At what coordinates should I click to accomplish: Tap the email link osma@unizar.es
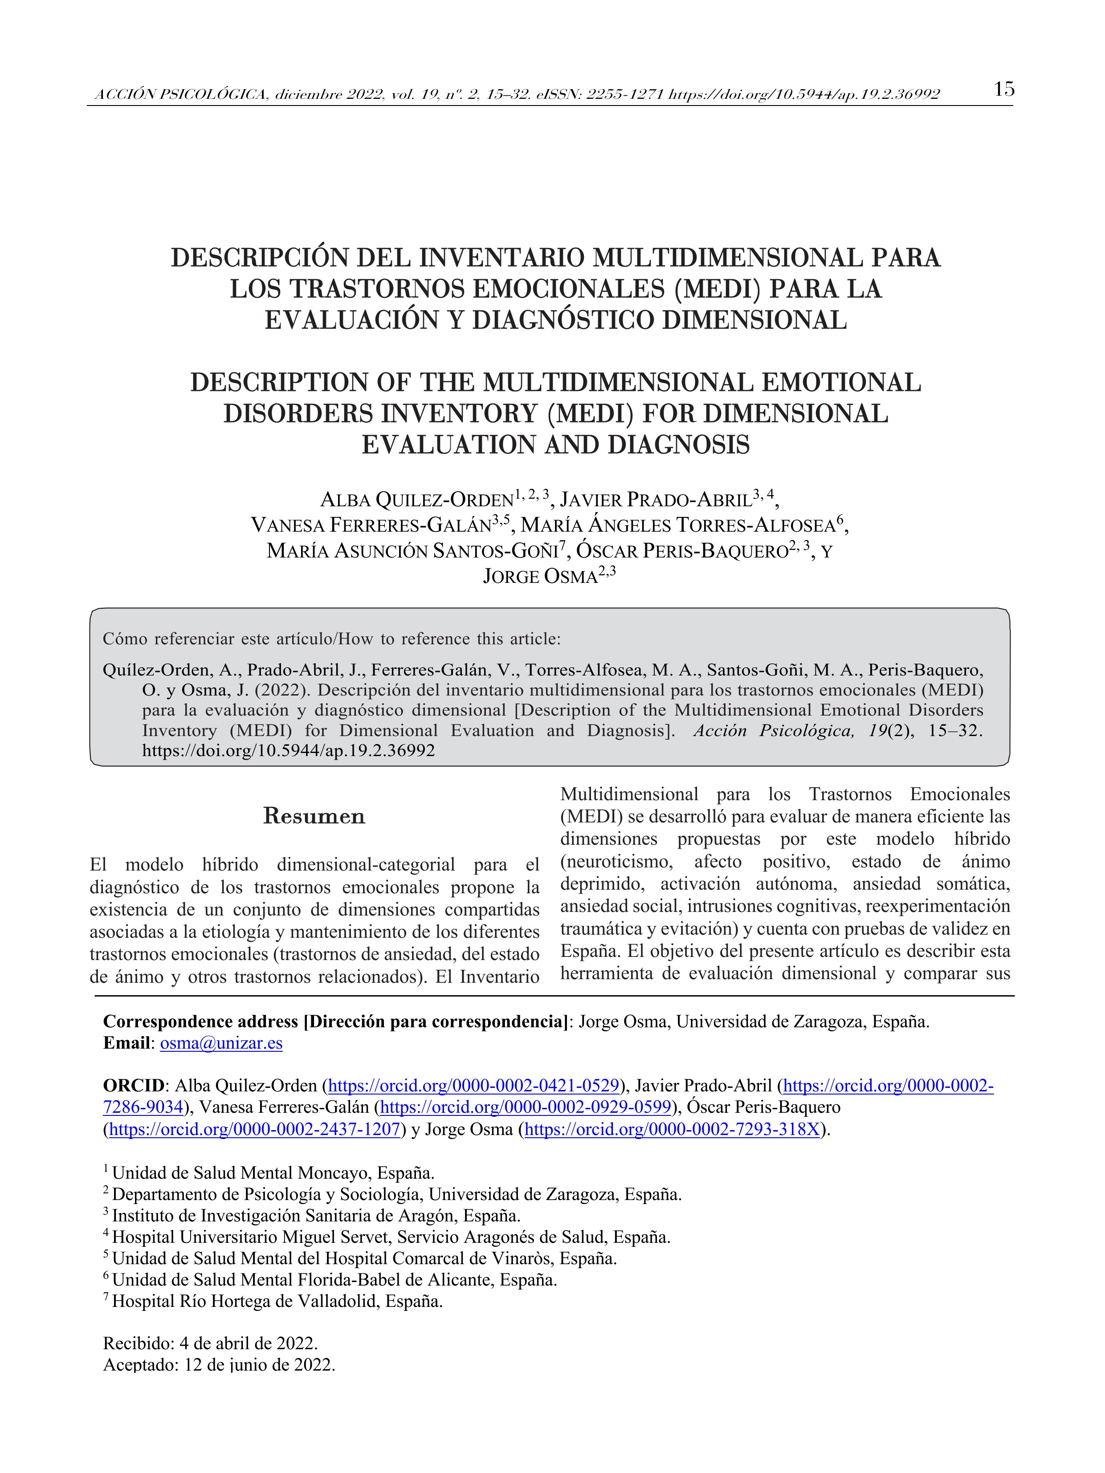(x=221, y=1043)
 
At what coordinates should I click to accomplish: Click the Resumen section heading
(x=314, y=816)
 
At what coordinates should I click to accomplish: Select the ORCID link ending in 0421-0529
(x=474, y=1086)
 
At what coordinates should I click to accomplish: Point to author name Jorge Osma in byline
(x=540, y=576)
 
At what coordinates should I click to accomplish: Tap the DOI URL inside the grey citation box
(x=289, y=750)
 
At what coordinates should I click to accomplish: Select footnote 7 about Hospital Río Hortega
(x=277, y=1301)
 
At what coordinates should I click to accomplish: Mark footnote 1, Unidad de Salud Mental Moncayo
(x=273, y=1173)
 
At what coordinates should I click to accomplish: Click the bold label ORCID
(x=133, y=1086)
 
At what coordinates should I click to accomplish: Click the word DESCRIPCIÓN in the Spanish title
(x=257, y=258)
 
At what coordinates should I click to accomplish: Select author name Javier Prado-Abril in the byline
(x=656, y=500)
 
